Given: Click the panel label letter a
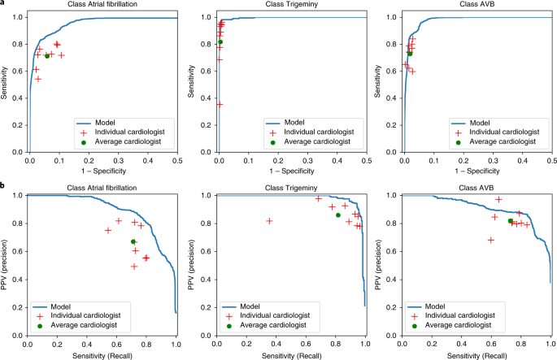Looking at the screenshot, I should point(4,5).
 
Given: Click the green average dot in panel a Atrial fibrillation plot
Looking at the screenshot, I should point(47,56).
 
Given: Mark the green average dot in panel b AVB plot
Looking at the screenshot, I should point(510,221).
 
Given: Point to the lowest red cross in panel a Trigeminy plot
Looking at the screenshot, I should point(220,105).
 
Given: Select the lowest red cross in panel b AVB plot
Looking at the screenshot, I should point(490,240).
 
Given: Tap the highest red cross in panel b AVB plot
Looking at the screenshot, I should point(498,199).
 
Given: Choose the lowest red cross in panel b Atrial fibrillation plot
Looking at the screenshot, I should point(134,267).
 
